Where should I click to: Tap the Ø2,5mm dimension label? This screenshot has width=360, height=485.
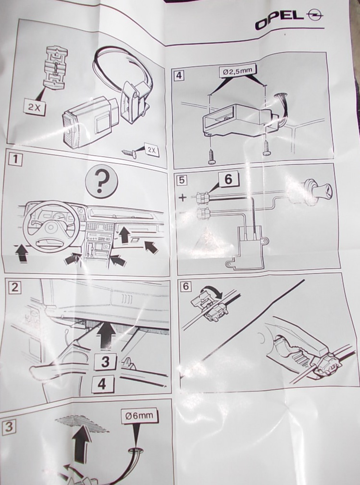(238, 71)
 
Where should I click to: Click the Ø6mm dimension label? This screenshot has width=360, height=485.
(139, 415)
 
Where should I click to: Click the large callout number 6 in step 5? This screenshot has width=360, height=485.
(228, 179)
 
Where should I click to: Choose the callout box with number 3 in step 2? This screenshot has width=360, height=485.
(105, 361)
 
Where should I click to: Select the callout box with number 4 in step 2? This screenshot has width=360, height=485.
(102, 384)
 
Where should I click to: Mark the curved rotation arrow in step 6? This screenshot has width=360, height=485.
(211, 291)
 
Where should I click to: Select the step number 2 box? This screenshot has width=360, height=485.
(15, 287)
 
